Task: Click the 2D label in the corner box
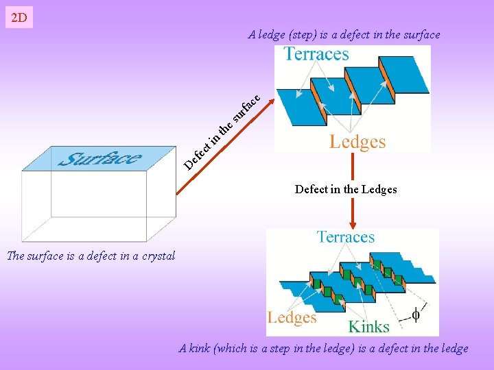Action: tap(19, 18)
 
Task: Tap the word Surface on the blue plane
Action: tap(100, 159)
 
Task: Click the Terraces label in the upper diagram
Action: tap(316, 54)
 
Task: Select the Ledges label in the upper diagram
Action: tap(357, 142)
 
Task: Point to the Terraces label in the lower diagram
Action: tap(345, 237)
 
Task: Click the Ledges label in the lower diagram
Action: tap(292, 317)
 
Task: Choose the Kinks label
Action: tap(368, 326)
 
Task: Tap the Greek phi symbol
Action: tap(415, 314)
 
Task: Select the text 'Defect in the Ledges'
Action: tap(346, 189)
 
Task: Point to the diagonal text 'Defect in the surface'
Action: tap(223, 130)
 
